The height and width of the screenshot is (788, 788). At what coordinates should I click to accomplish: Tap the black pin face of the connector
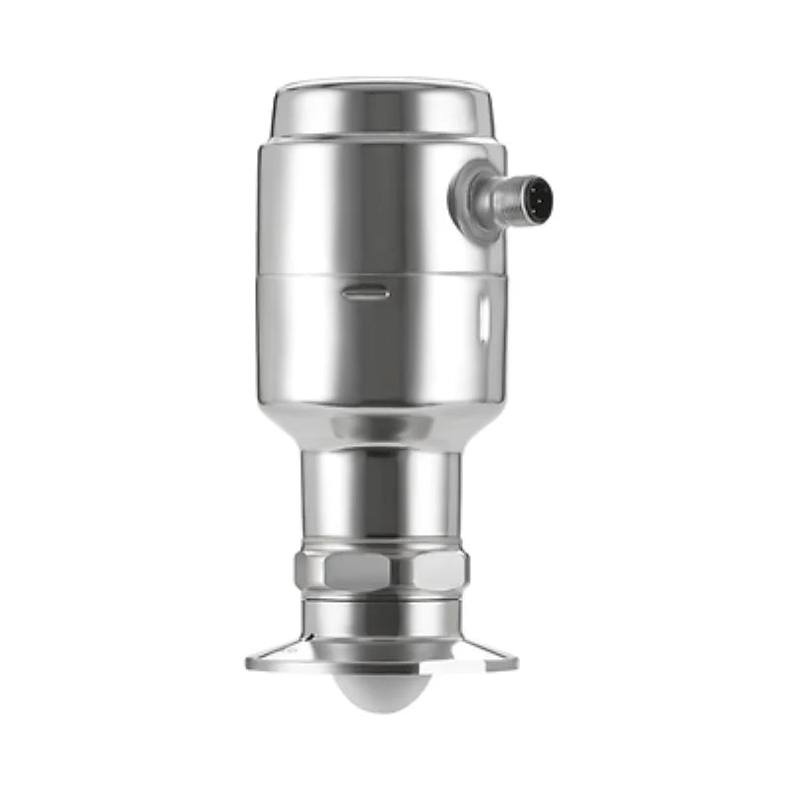click(536, 197)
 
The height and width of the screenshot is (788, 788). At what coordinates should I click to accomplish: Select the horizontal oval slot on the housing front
click(365, 293)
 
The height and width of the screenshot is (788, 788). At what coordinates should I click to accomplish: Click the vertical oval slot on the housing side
click(483, 317)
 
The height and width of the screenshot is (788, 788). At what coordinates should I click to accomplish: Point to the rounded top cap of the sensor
click(382, 106)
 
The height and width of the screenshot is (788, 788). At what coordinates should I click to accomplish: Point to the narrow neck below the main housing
click(382, 492)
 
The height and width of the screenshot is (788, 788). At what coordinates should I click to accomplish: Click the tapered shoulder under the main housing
click(382, 428)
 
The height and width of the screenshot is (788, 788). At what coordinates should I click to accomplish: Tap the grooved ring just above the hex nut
click(382, 545)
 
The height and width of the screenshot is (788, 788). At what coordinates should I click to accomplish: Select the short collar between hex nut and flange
click(382, 616)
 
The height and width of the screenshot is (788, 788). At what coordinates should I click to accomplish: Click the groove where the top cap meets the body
click(382, 139)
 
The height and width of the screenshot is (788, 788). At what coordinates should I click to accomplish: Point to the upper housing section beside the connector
click(325, 207)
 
